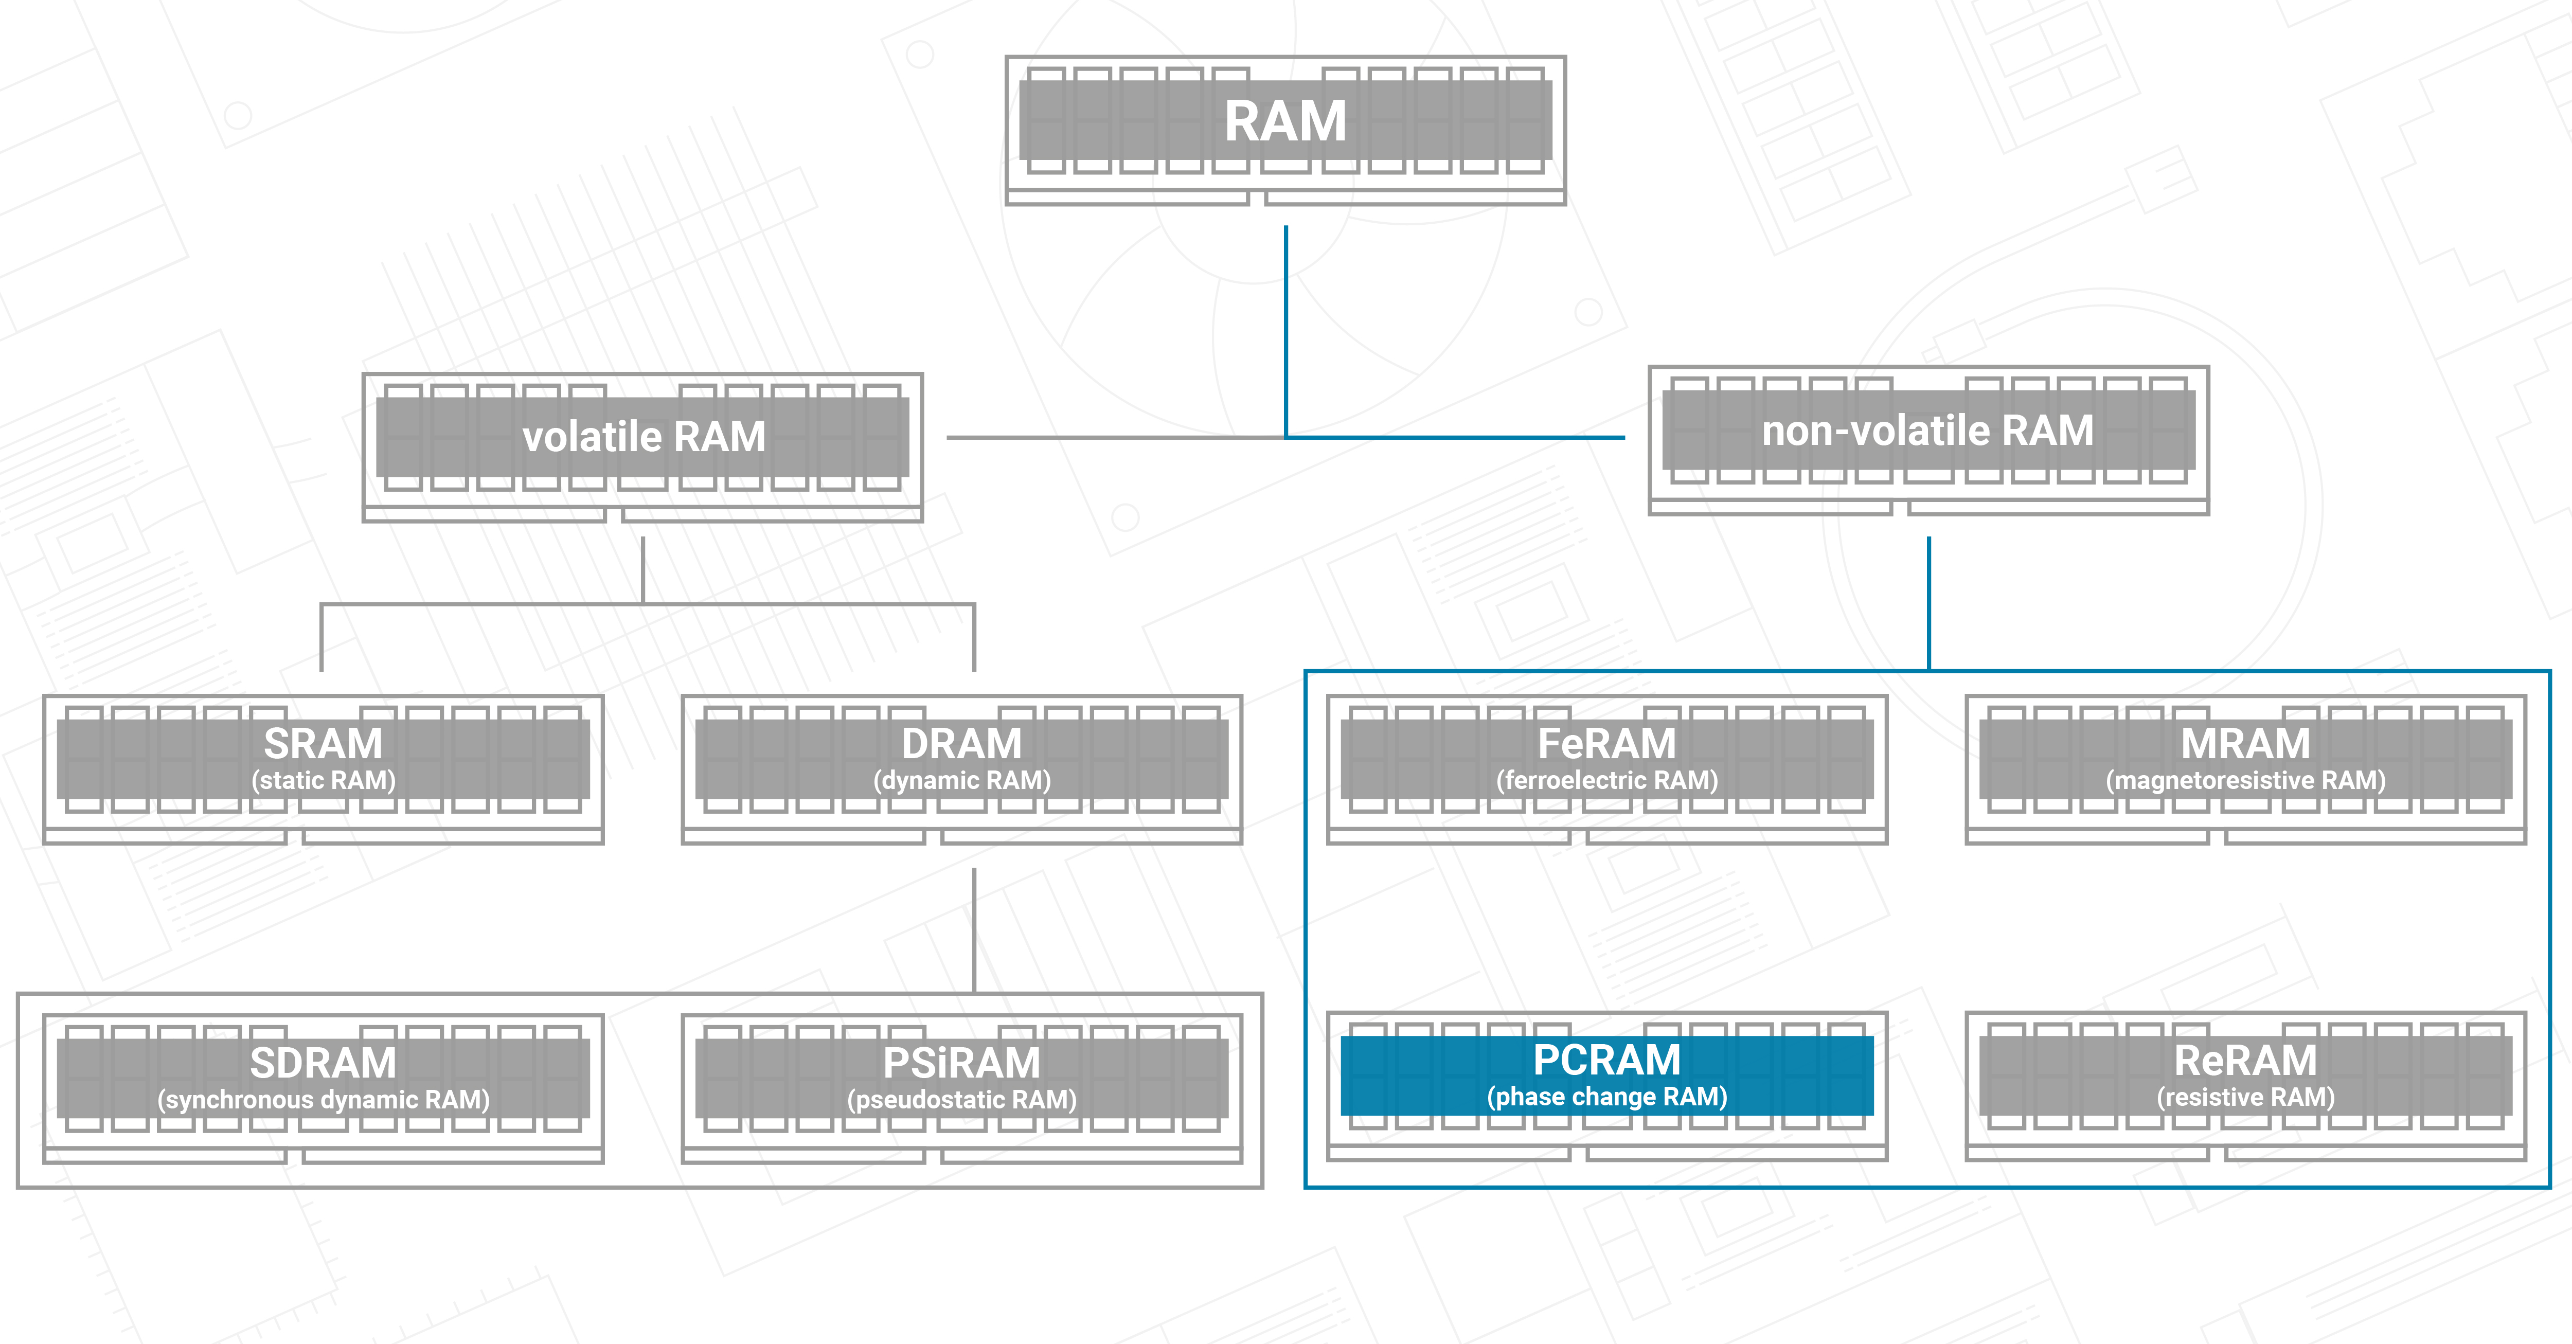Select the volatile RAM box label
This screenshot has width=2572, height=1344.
(x=644, y=436)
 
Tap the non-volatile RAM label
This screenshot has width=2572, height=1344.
(x=1928, y=431)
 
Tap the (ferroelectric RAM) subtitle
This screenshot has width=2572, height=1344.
(x=1606, y=780)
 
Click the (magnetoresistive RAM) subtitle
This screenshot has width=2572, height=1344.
(x=2245, y=780)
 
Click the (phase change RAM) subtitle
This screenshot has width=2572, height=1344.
(x=1606, y=1097)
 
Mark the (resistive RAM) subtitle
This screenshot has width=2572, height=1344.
(x=2245, y=1097)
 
